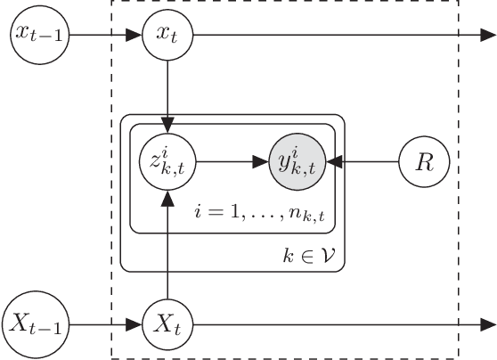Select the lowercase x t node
coord(168,36)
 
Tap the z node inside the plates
coord(168,162)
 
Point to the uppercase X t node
coord(168,323)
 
